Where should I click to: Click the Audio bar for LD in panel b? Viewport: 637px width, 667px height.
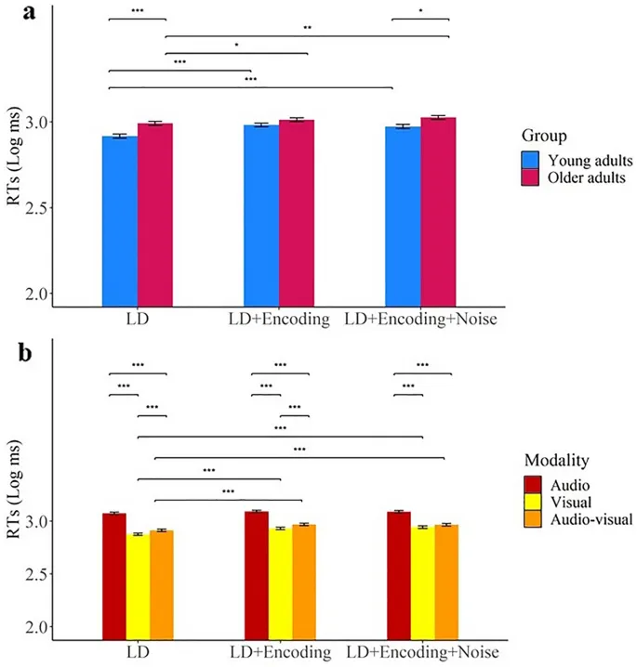coord(114,576)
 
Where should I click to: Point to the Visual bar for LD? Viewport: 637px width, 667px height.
coord(138,586)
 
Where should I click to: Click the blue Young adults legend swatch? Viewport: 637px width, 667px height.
coord(531,161)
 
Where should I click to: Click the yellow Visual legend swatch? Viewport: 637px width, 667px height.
coord(532,502)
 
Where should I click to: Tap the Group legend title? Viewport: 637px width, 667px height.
coord(545,135)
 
